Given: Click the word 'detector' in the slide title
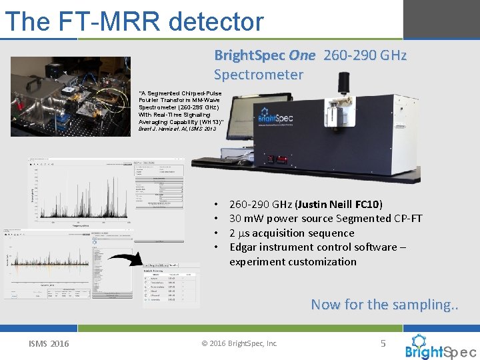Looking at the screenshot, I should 216,21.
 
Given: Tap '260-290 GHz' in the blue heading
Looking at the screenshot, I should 364,55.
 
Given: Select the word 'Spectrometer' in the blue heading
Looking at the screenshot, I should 258,74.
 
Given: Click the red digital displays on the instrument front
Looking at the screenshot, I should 277,159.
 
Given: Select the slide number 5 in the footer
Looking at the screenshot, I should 383,343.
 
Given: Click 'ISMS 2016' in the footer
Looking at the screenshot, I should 48,344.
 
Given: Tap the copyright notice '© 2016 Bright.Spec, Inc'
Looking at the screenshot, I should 239,344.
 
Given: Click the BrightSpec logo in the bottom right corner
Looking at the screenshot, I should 440,347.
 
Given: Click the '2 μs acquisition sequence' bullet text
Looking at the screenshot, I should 291,233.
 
